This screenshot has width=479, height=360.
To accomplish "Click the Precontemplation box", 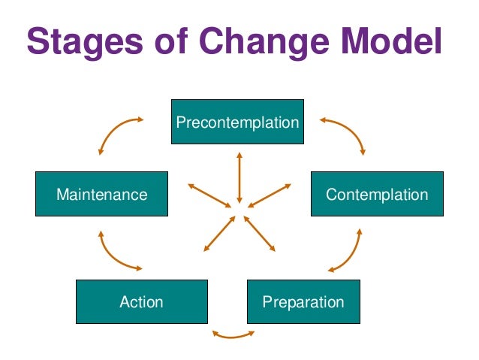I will (x=237, y=122).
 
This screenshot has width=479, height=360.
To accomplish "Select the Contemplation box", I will (x=376, y=195).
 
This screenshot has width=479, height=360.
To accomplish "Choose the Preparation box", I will (x=303, y=302).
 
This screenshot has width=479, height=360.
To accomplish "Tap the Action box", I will (x=141, y=302).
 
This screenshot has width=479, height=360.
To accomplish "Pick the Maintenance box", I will (x=101, y=195).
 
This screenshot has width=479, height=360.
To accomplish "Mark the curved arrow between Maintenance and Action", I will (x=113, y=253).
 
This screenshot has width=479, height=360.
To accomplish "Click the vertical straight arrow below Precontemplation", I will (x=239, y=177).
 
